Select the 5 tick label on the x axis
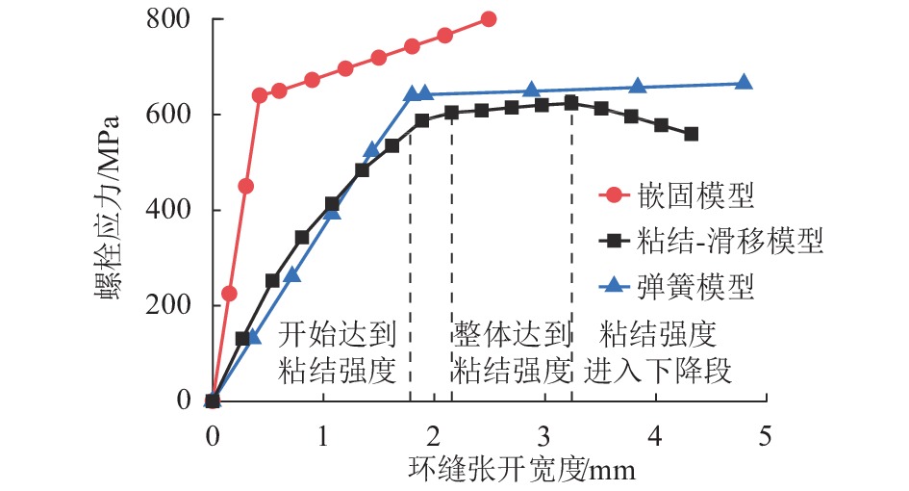pos(766,435)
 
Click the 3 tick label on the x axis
pos(543,435)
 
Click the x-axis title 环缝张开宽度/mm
pos(522,470)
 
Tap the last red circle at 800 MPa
pos(489,19)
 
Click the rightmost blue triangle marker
pos(744,83)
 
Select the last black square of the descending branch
pos(691,134)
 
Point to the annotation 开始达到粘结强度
pos(338,352)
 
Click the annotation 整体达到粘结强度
pos(512,352)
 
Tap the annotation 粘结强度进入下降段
pos(659,352)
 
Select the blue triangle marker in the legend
pos(616,285)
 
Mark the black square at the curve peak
pos(571,103)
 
